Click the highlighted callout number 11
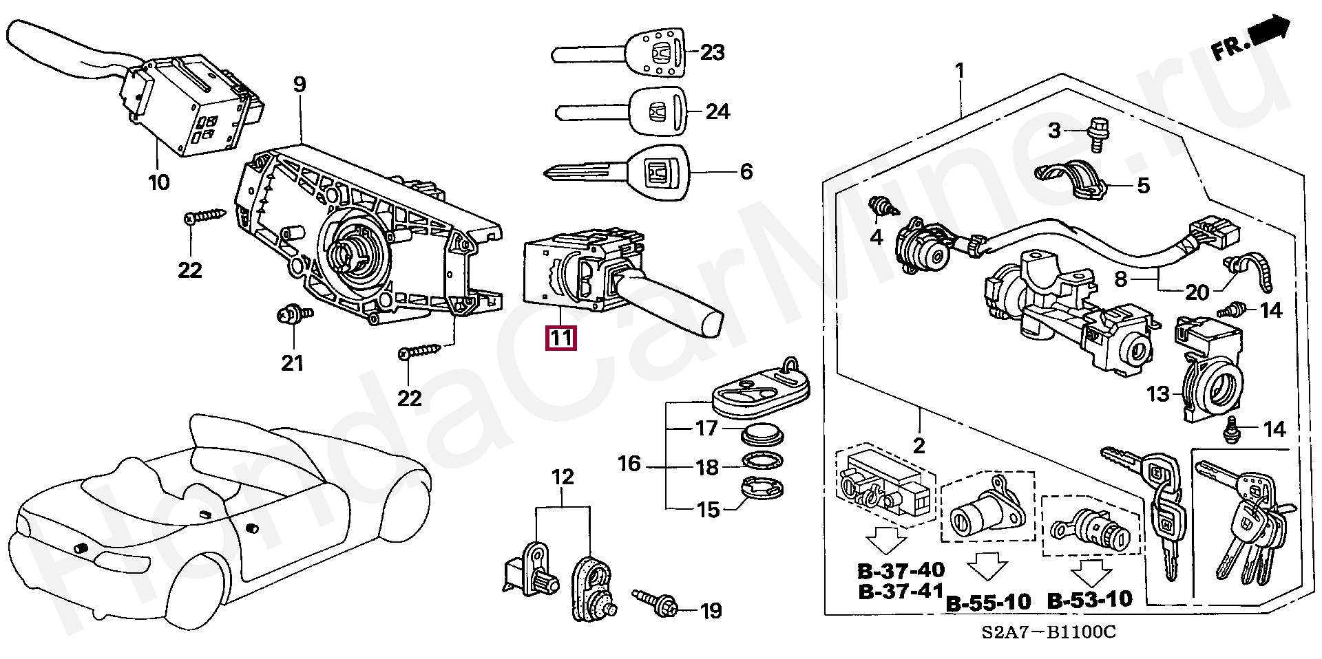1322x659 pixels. click(560, 338)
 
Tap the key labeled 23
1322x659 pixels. click(620, 54)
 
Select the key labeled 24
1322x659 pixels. click(620, 111)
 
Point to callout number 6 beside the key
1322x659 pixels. click(746, 171)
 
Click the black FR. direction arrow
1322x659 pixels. click(1268, 33)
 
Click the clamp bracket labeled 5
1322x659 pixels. click(1070, 180)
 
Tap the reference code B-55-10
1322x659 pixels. click(989, 603)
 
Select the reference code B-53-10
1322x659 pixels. click(1089, 600)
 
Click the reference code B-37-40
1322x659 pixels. click(901, 570)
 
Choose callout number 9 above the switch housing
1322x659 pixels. click(299, 85)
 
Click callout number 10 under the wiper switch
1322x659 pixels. click(158, 182)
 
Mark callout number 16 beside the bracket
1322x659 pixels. click(629, 464)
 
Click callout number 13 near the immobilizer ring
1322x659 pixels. click(1158, 394)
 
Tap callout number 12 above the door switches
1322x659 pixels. click(563, 477)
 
